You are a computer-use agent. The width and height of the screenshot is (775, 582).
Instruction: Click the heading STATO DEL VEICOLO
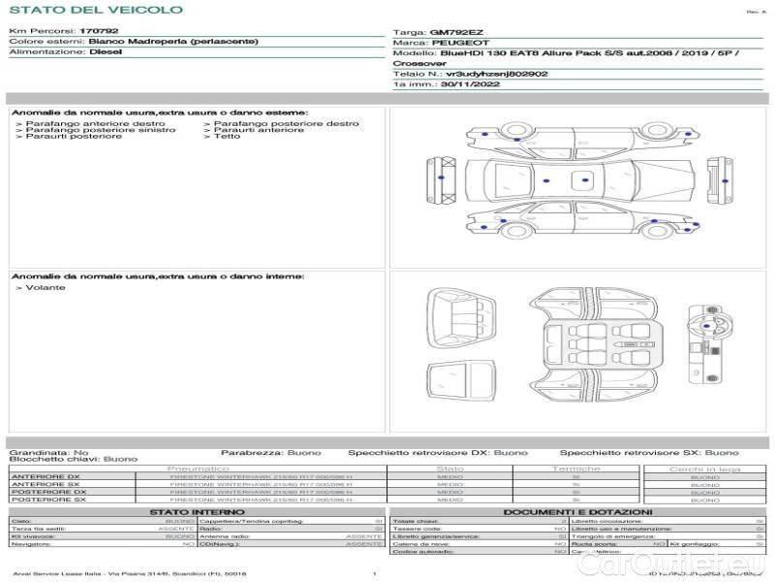(95, 10)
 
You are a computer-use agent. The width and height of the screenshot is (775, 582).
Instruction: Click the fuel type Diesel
(106, 52)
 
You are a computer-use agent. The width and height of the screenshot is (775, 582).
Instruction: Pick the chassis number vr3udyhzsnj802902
(497, 74)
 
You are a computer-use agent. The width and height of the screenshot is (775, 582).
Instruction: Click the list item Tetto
(227, 137)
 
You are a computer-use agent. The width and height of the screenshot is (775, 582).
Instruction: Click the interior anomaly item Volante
(46, 288)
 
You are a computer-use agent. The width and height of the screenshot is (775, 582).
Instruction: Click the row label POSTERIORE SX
(46, 501)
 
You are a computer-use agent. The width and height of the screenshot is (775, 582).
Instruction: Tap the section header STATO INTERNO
(197, 511)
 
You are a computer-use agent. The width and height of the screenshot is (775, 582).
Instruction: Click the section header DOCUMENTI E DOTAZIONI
(577, 511)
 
